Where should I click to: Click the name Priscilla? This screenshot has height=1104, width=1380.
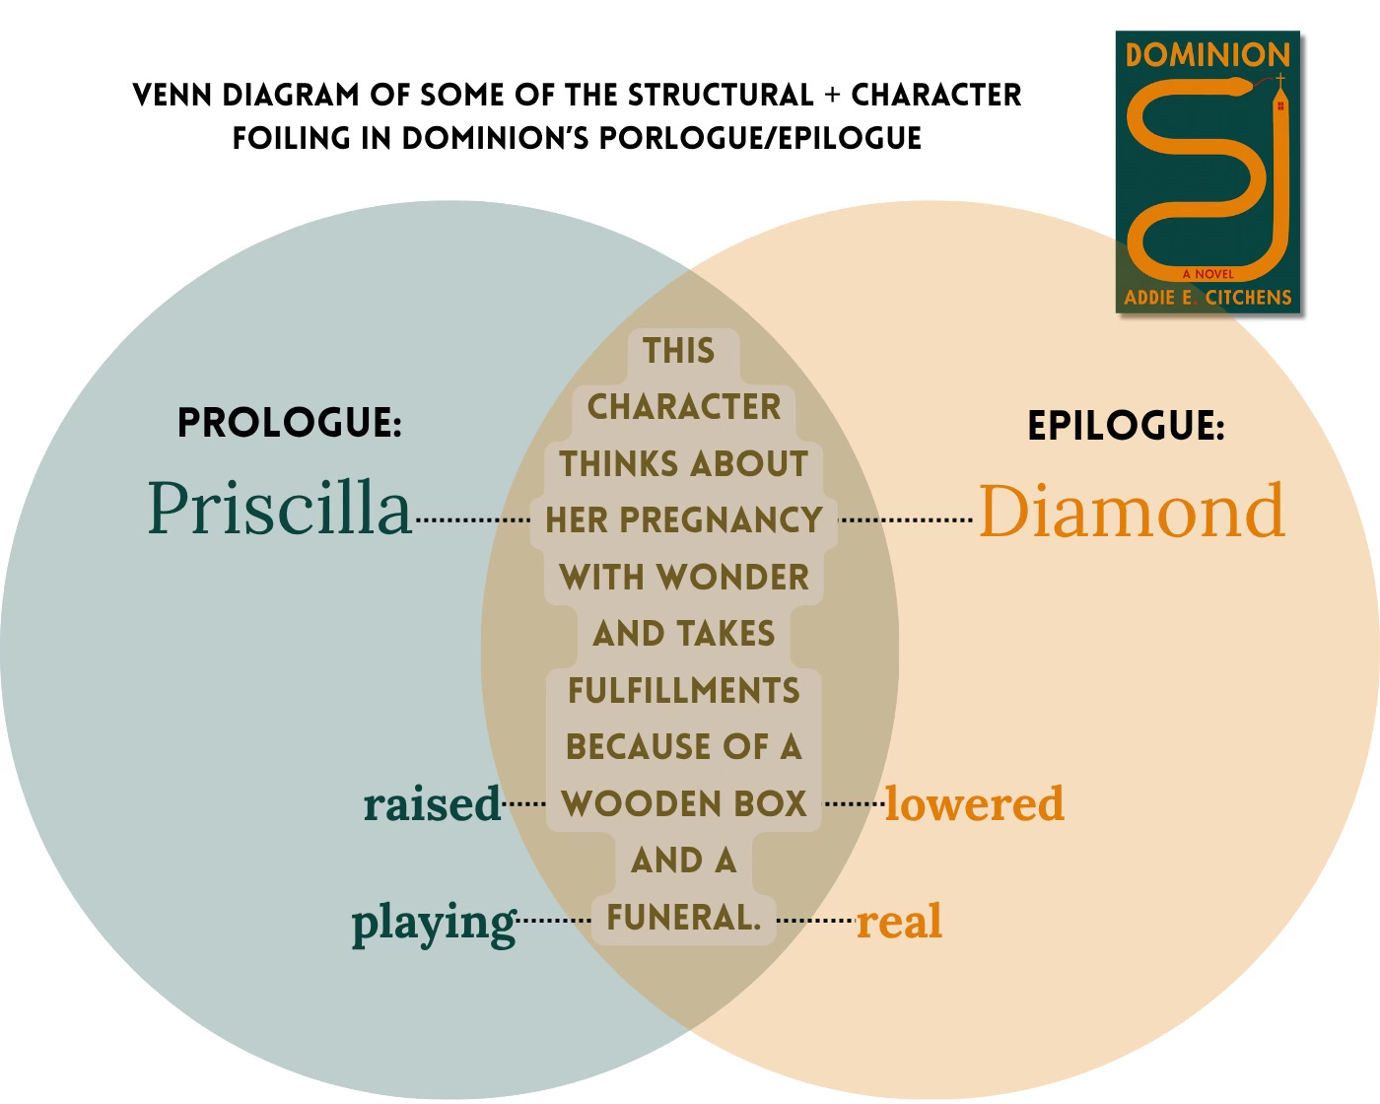coord(279,509)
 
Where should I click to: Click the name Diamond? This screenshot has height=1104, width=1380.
coord(1132,511)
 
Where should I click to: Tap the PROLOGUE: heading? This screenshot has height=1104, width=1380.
coord(289,423)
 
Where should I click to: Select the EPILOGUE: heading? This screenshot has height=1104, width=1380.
coord(1126,426)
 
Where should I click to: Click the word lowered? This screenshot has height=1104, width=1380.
coord(975,803)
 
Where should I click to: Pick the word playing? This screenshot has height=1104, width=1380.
coord(434,923)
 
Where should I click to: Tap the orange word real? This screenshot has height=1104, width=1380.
coord(899,922)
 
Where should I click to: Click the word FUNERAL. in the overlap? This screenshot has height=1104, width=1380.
coord(683,918)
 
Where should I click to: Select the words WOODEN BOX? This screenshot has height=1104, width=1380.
coord(683,803)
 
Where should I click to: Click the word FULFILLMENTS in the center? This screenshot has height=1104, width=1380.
coord(683,690)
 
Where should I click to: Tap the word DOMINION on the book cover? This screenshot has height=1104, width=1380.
coord(1207,54)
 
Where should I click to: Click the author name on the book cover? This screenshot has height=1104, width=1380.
coord(1207,297)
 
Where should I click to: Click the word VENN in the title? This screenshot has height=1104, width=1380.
coord(172,96)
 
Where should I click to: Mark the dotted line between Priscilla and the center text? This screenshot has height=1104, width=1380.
coord(474,519)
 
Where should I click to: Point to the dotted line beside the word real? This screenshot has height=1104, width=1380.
coord(815,921)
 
